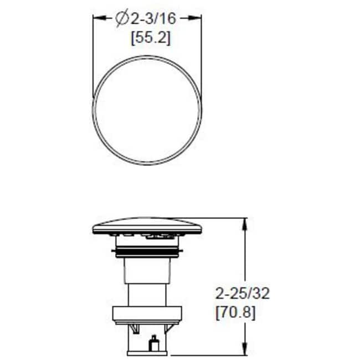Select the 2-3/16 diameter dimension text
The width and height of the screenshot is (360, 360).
[x=153, y=19]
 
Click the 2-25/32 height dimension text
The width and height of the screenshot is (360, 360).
[x=242, y=294]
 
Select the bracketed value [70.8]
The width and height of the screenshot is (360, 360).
[x=235, y=313]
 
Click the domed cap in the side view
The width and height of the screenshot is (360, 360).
[x=146, y=225]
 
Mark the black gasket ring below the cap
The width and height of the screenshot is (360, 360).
[x=146, y=254]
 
